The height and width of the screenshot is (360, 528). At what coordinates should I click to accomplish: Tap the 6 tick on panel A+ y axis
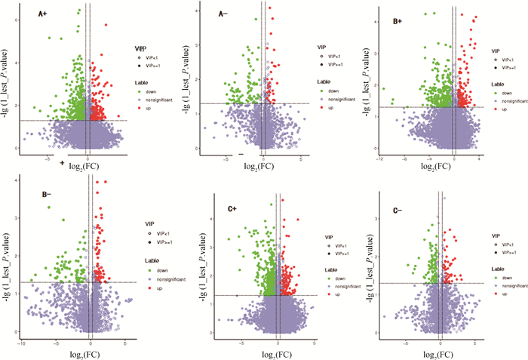pyautogui.click(x=13, y=12)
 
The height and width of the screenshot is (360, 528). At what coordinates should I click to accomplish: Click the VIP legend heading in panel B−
pyautogui.click(x=149, y=224)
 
